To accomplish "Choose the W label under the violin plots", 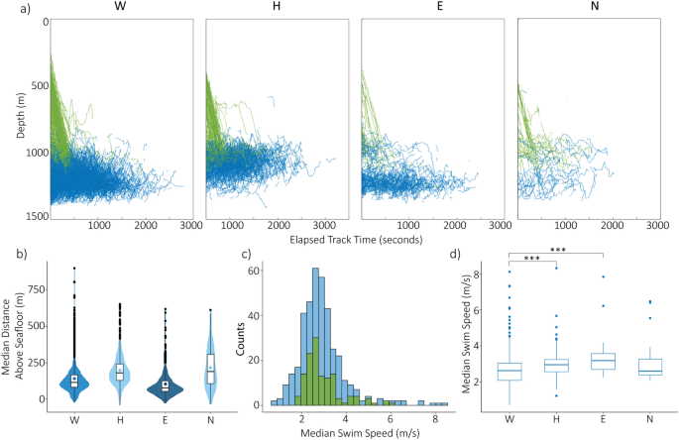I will [x=74, y=418].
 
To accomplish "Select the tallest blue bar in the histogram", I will [x=315, y=337].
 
